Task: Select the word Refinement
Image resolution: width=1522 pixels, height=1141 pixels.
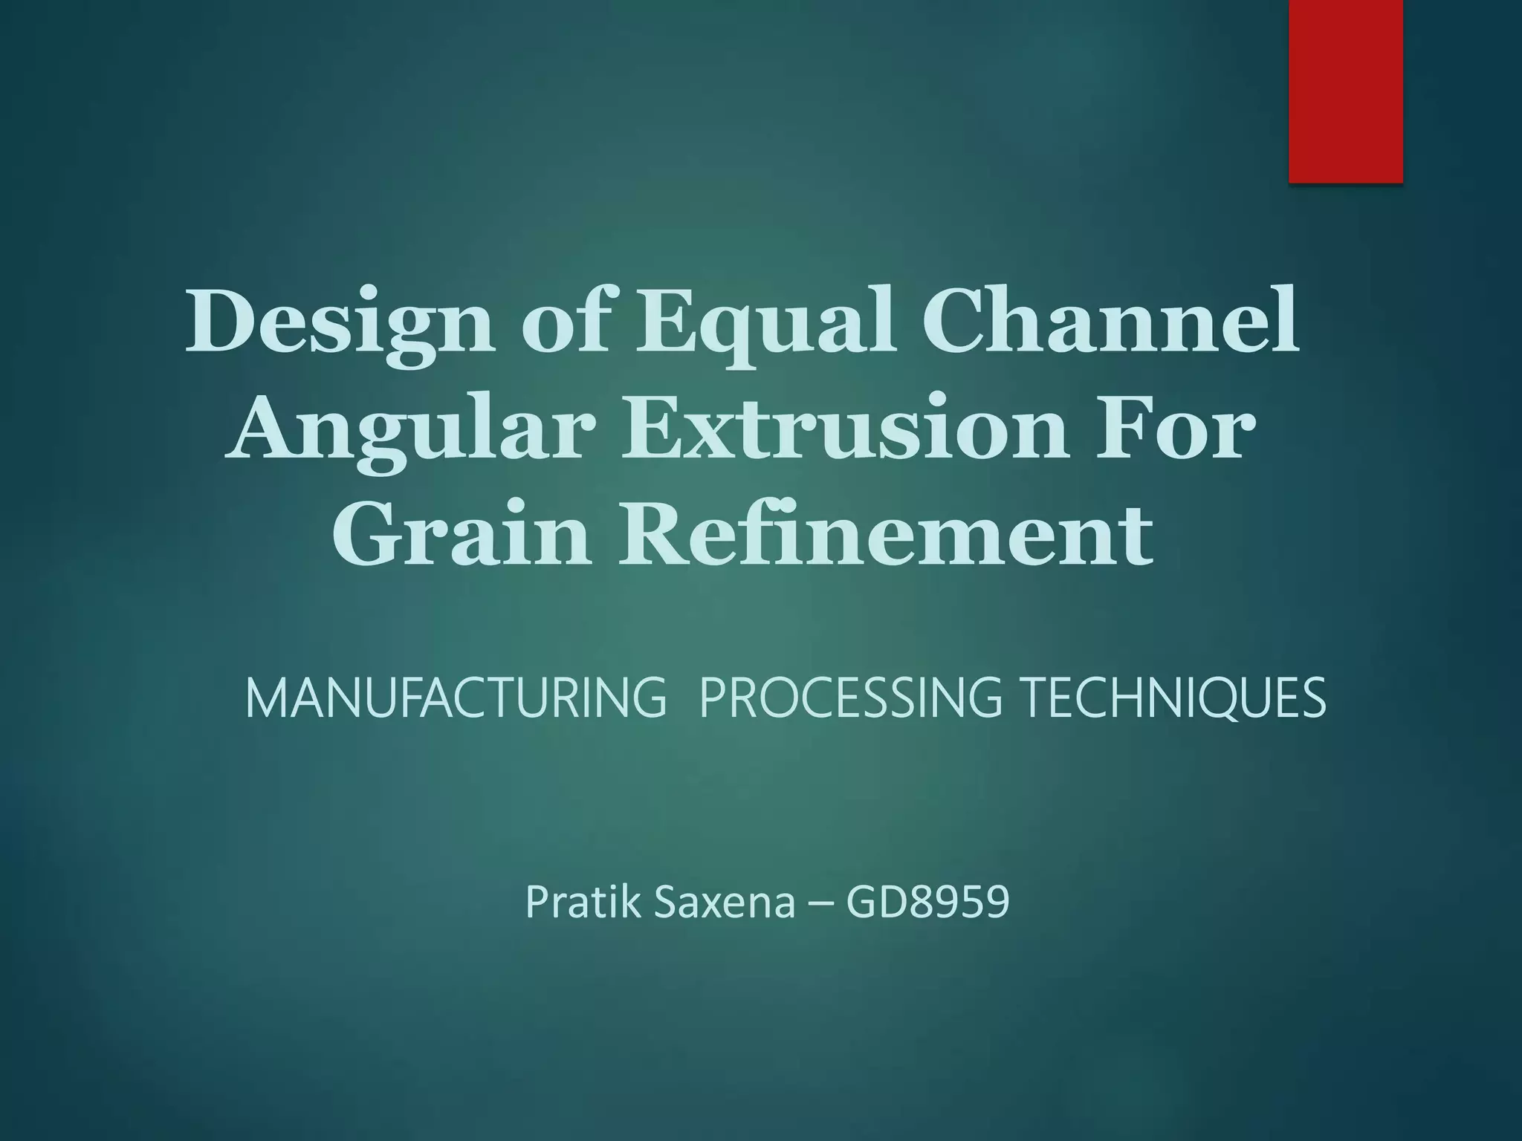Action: pyautogui.click(x=887, y=533)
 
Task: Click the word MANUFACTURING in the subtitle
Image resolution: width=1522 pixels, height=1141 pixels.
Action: pyautogui.click(x=456, y=698)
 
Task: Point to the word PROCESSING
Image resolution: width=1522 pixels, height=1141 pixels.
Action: pyautogui.click(x=850, y=698)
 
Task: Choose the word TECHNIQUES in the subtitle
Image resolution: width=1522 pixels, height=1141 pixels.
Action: pyautogui.click(x=1174, y=698)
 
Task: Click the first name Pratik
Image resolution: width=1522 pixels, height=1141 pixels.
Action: pyautogui.click(x=583, y=902)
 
